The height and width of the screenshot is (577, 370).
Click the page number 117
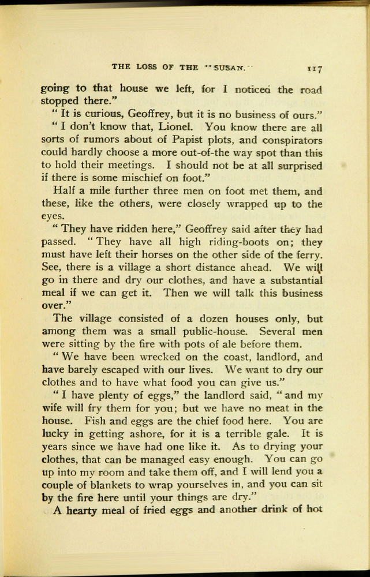point(314,68)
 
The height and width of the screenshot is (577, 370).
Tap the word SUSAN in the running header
point(229,67)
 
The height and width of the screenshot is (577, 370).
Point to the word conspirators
point(286,140)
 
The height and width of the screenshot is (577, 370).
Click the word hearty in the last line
point(81,510)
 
